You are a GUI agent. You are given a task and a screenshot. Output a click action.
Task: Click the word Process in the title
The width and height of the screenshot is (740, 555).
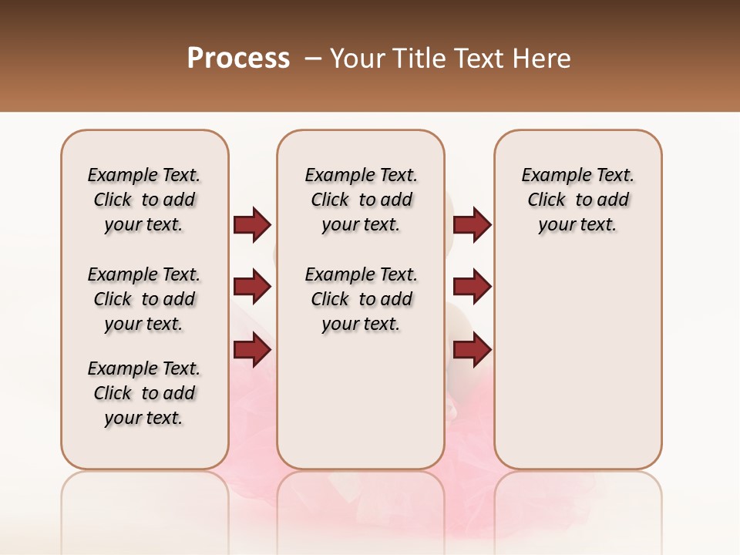[x=238, y=59]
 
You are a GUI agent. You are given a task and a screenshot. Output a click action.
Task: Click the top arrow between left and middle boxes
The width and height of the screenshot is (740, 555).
[x=252, y=224]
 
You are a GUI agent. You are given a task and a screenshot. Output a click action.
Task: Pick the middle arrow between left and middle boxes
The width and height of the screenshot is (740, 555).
[x=252, y=287]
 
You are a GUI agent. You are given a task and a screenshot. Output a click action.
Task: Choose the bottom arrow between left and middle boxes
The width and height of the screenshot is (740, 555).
[x=252, y=350]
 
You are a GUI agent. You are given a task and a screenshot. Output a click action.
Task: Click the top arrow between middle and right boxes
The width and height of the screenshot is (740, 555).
[x=472, y=224]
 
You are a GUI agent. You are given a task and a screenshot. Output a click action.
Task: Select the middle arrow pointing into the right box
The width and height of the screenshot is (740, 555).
[x=472, y=287]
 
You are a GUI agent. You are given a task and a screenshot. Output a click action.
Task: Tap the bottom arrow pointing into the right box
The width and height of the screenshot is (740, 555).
[x=472, y=350]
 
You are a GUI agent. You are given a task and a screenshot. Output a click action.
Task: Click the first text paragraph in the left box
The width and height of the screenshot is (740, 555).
[x=144, y=200]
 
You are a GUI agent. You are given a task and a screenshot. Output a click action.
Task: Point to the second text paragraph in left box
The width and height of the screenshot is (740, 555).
[x=144, y=299]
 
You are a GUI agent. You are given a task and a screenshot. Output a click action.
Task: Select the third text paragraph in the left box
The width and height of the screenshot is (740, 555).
[x=144, y=393]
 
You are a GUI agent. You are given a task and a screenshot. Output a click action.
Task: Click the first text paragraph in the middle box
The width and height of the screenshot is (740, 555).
[x=361, y=200]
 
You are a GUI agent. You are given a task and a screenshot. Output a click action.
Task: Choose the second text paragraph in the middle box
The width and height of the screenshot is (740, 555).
[x=361, y=299]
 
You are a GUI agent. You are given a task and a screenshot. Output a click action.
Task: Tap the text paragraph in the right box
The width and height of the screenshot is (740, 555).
[x=578, y=200]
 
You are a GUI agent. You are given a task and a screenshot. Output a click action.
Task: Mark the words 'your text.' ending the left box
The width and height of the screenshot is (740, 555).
[x=144, y=418]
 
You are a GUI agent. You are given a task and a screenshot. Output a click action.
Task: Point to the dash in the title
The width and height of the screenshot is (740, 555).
[x=313, y=59]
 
